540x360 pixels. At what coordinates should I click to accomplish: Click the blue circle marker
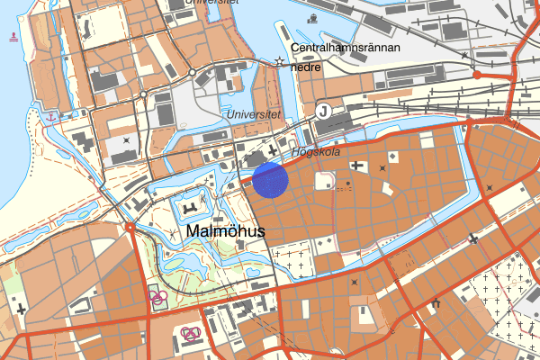click(x=270, y=179)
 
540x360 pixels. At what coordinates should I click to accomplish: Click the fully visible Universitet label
click(x=255, y=114)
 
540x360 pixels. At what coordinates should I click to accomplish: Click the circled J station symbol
click(x=323, y=111)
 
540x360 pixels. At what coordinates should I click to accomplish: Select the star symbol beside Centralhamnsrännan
click(x=280, y=61)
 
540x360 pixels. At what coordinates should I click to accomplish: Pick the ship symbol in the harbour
click(x=311, y=18)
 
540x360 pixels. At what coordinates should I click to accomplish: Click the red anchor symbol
click(x=52, y=116)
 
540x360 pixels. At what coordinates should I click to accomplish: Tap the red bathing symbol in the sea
click(x=13, y=37)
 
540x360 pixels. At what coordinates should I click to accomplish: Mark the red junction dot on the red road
click(x=479, y=75)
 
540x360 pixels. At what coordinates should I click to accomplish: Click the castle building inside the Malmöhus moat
click(x=191, y=209)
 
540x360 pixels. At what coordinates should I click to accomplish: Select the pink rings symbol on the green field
click(x=157, y=297)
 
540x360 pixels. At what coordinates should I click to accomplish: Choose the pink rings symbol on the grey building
click(x=191, y=334)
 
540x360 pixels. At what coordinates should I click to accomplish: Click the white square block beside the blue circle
click(x=323, y=181)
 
